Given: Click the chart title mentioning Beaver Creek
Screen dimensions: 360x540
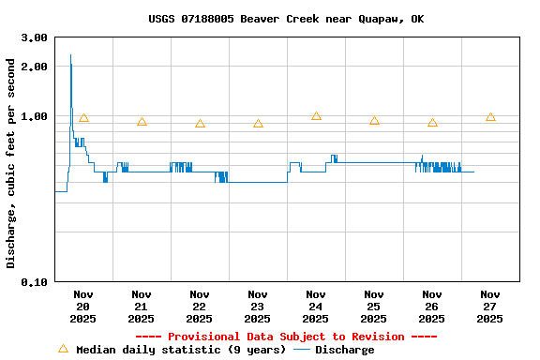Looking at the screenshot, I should (x=286, y=19).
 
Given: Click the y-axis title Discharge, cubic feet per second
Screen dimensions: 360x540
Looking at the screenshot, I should (x=11, y=163).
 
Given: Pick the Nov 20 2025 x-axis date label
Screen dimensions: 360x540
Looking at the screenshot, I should (x=83, y=306).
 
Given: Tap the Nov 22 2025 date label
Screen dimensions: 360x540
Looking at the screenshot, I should (x=200, y=306).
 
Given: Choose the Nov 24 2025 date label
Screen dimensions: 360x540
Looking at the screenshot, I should (x=316, y=306).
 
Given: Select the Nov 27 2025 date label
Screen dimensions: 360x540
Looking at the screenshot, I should (x=489, y=306).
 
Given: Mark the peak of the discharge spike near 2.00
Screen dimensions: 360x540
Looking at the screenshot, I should (x=70, y=55).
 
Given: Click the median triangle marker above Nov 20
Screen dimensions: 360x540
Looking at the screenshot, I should (x=83, y=117).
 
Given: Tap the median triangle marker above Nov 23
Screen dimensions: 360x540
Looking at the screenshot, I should (x=258, y=123).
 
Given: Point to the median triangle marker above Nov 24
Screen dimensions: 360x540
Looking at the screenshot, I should (x=316, y=115).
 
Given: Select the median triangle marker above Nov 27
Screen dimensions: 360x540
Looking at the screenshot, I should (x=490, y=116).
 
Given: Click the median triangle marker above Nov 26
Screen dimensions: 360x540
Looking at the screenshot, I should (x=432, y=122).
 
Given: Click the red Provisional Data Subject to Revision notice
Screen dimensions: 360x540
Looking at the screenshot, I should (x=286, y=337).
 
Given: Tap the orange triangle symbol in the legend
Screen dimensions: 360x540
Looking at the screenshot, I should (x=63, y=349).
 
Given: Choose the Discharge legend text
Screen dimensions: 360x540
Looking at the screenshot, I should (x=344, y=350).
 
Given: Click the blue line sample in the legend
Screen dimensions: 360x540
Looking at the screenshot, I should (x=301, y=350).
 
